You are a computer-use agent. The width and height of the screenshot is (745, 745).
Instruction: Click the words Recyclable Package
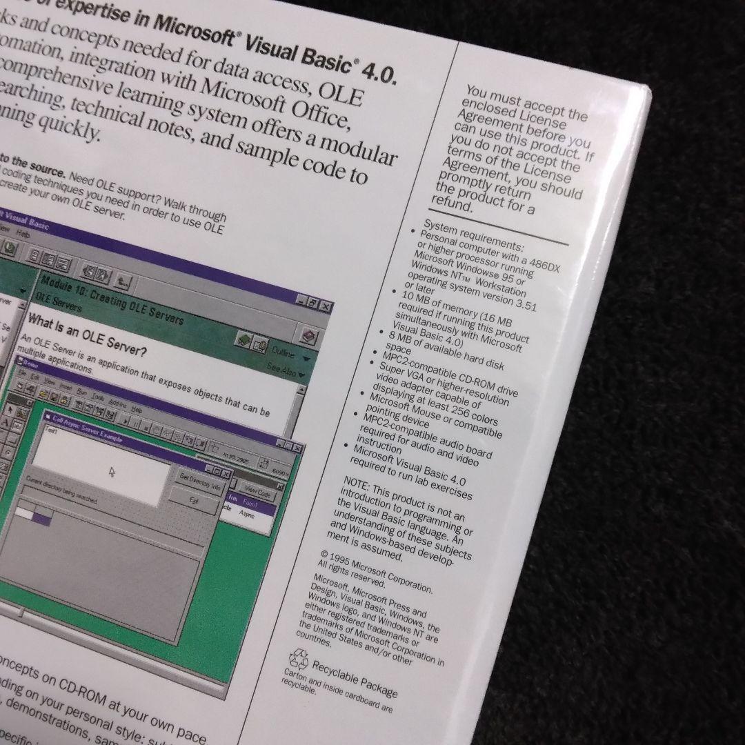pyautogui.click(x=355, y=678)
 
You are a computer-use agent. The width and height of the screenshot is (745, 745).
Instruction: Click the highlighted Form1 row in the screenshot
pyautogui.click(x=252, y=508)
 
